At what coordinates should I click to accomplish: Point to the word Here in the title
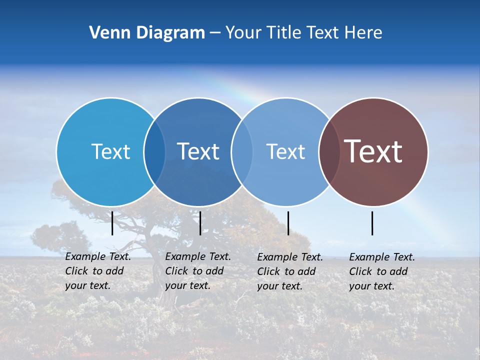pyautogui.click(x=364, y=33)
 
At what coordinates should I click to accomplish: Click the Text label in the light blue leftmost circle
pyautogui.click(x=110, y=151)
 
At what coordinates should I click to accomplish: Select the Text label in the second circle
pyautogui.click(x=198, y=151)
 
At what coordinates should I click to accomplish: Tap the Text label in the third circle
pyautogui.click(x=285, y=151)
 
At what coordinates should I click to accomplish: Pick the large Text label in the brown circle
pyautogui.click(x=373, y=151)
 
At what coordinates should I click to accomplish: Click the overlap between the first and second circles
pyautogui.click(x=154, y=152)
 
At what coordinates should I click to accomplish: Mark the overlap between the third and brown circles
pyautogui.click(x=329, y=152)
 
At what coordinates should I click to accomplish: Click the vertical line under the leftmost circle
pyautogui.click(x=112, y=223)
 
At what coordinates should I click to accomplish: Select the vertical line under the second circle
pyautogui.click(x=200, y=223)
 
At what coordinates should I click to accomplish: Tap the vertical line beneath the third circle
pyautogui.click(x=288, y=223)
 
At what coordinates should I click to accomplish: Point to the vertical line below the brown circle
pyautogui.click(x=372, y=223)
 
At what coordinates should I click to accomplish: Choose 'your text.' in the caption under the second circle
pyautogui.click(x=187, y=286)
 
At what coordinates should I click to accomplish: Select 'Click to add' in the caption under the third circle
pyautogui.click(x=286, y=271)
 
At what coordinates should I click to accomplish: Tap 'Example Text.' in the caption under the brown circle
pyautogui.click(x=382, y=257)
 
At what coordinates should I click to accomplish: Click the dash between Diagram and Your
pyautogui.click(x=215, y=33)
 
